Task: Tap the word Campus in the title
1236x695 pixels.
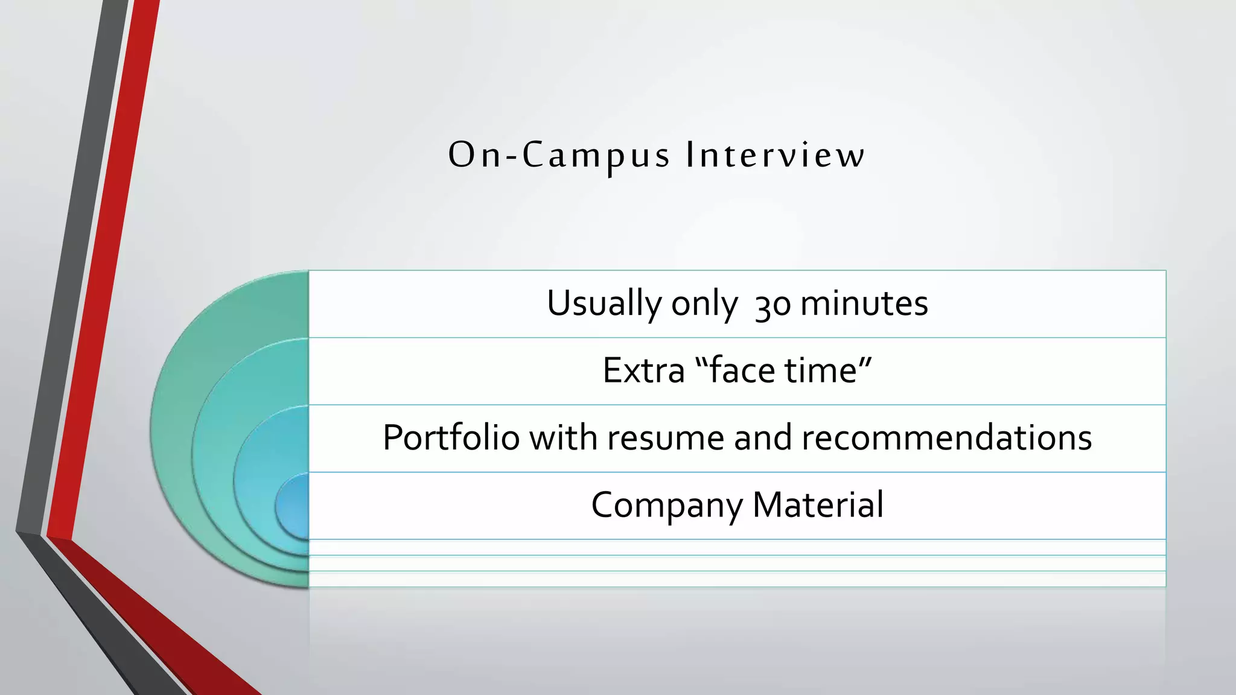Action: [596, 155]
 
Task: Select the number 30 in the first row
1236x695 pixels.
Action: [772, 304]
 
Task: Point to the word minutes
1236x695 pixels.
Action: [864, 303]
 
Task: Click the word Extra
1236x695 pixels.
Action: [643, 370]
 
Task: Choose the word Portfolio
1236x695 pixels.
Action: [451, 437]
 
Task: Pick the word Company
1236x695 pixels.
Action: [667, 506]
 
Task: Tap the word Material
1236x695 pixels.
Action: [818, 504]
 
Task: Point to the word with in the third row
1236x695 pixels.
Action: [564, 437]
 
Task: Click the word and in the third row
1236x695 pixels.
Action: [762, 437]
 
